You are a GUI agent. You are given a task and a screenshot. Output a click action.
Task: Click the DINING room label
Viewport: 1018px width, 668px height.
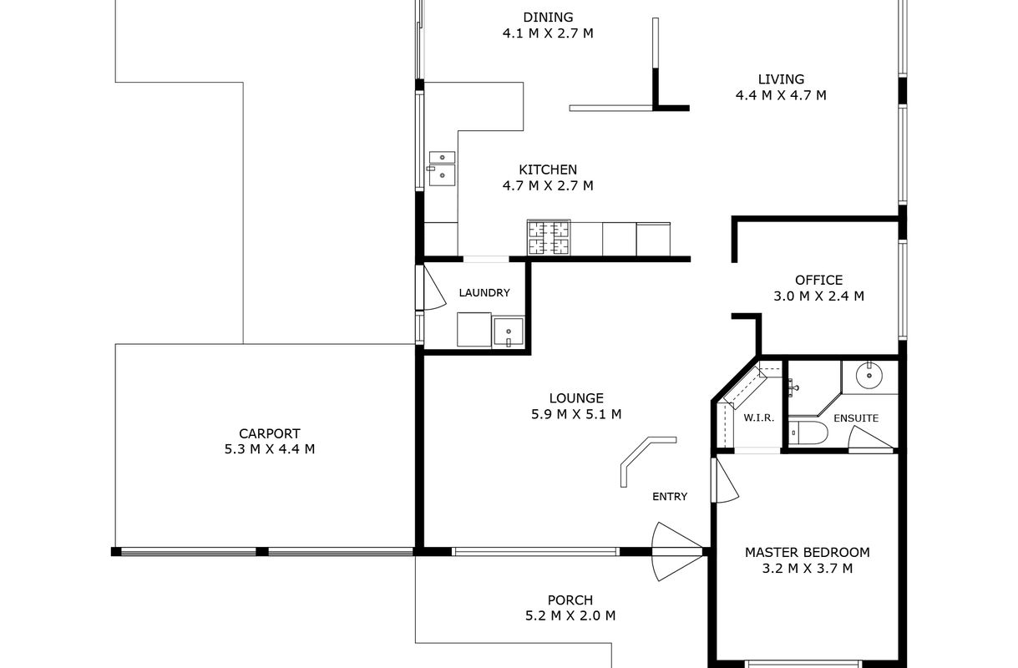tap(548, 18)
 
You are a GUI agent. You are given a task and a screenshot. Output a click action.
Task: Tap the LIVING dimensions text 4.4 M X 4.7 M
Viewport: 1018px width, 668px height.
tap(781, 95)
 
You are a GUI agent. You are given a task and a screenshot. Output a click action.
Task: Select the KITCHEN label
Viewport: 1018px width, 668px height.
tap(548, 170)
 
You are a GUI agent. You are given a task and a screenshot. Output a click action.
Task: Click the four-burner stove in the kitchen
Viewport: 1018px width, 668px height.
tap(549, 238)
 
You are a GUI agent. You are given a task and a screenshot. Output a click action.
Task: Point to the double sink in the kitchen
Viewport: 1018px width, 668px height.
tap(442, 168)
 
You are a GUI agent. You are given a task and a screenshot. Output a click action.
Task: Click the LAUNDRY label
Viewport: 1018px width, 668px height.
tap(484, 292)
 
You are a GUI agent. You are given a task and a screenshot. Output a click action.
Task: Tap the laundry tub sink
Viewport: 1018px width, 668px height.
tap(508, 332)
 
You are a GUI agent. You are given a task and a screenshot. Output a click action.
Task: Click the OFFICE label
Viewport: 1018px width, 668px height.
tap(818, 280)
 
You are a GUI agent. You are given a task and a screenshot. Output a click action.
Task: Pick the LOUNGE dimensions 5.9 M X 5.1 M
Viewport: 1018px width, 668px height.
tap(576, 414)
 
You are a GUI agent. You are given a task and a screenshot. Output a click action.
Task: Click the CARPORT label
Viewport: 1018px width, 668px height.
tap(270, 433)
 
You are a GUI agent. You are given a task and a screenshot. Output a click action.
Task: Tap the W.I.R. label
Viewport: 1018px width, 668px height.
tap(758, 418)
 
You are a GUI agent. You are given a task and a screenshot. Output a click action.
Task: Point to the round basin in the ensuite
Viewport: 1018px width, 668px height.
tap(869, 376)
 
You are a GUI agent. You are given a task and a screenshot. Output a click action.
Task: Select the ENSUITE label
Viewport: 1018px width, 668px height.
tap(856, 418)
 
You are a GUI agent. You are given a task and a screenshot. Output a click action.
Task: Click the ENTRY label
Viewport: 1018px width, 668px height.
tap(670, 497)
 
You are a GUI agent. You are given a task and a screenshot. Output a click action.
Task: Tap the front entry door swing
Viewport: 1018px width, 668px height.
tap(677, 552)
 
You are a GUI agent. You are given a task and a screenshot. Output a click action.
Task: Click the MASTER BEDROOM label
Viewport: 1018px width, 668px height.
tap(807, 553)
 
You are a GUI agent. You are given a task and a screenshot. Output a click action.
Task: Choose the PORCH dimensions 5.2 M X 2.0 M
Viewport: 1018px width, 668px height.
tap(570, 615)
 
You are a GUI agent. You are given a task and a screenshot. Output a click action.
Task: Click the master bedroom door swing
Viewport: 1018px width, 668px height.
tap(725, 480)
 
